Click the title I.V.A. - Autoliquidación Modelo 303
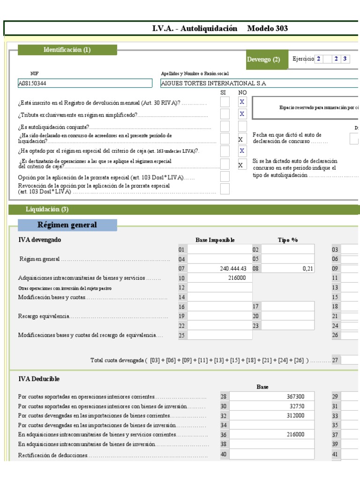(220, 28)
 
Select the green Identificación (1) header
(67, 50)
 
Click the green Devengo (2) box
(263, 60)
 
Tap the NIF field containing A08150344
(85, 83)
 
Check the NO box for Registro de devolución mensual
(242, 102)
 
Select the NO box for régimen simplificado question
(242, 114)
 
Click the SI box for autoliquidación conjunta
(225, 126)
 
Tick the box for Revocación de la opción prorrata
(225, 188)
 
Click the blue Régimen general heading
(67, 225)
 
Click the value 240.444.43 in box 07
(232, 269)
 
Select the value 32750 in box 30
(300, 406)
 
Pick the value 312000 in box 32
(299, 415)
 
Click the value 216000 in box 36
(299, 435)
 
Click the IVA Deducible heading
(38, 378)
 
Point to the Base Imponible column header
(215, 240)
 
